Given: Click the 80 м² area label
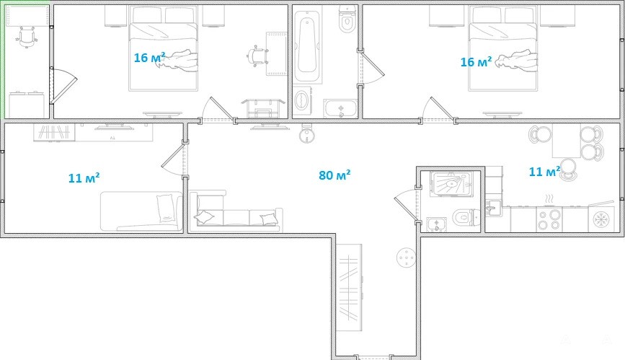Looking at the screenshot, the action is click(334, 175).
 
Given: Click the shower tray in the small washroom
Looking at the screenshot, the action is click(451, 184).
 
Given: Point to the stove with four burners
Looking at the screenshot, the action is click(549, 219).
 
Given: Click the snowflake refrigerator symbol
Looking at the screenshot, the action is click(601, 219).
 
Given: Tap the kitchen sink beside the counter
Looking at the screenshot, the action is click(494, 208).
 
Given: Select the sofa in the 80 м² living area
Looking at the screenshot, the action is click(235, 212).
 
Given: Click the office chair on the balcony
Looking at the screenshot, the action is click(27, 37).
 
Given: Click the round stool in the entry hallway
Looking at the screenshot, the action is click(406, 258).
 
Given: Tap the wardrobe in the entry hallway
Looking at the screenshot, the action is click(349, 286).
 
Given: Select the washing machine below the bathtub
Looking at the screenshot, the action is click(303, 101).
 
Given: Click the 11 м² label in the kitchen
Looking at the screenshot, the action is click(544, 172).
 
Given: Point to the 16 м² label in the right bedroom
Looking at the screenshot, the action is click(476, 62).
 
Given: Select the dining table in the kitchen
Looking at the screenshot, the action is click(566, 141).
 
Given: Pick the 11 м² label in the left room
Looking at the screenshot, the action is click(84, 177).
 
